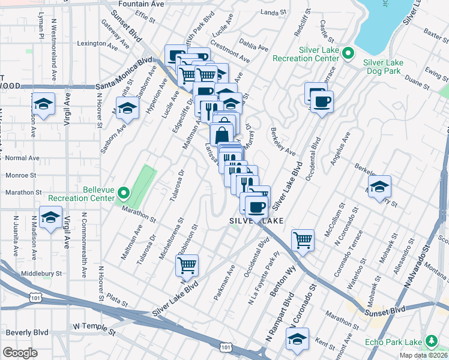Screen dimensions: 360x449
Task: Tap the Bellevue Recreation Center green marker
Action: (x=124, y=193)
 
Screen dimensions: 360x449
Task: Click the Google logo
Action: (x=20, y=353)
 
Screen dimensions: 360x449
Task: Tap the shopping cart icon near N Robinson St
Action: (x=187, y=264)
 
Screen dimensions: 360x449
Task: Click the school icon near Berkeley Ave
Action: (x=379, y=186)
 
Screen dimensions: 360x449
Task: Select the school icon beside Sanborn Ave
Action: (x=127, y=108)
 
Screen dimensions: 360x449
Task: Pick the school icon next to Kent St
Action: (x=297, y=338)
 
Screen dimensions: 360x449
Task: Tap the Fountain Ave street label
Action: (x=141, y=4)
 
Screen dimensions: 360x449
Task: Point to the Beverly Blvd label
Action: (x=27, y=332)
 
